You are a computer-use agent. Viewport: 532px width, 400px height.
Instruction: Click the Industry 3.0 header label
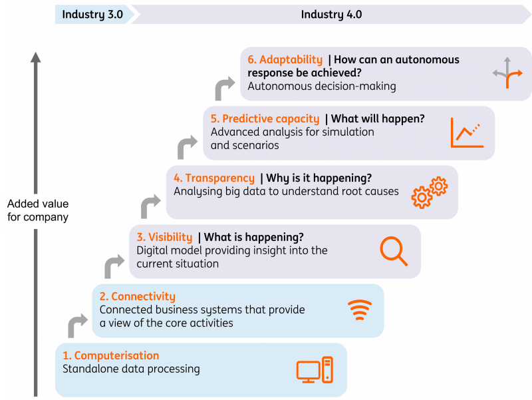(92, 15)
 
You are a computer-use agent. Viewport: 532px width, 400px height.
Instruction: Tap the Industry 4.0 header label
(331, 15)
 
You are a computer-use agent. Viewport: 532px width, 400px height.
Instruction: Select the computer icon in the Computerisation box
(314, 370)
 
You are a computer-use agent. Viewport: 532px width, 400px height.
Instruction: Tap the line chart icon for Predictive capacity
(465, 132)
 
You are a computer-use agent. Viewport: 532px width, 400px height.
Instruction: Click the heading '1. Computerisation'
(111, 355)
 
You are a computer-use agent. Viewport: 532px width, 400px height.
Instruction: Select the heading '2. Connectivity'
(138, 297)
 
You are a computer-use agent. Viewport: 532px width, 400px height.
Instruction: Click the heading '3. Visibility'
(164, 237)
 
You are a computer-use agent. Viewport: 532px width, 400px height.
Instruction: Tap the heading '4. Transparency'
(214, 178)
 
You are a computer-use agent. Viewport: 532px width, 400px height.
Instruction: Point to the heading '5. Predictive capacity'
(265, 118)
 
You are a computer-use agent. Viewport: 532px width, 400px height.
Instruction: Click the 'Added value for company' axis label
(38, 210)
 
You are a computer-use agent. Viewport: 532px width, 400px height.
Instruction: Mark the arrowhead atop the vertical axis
(36, 57)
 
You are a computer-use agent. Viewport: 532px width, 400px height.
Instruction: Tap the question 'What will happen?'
(378, 118)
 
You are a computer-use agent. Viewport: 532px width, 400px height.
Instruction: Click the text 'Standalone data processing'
(131, 369)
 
